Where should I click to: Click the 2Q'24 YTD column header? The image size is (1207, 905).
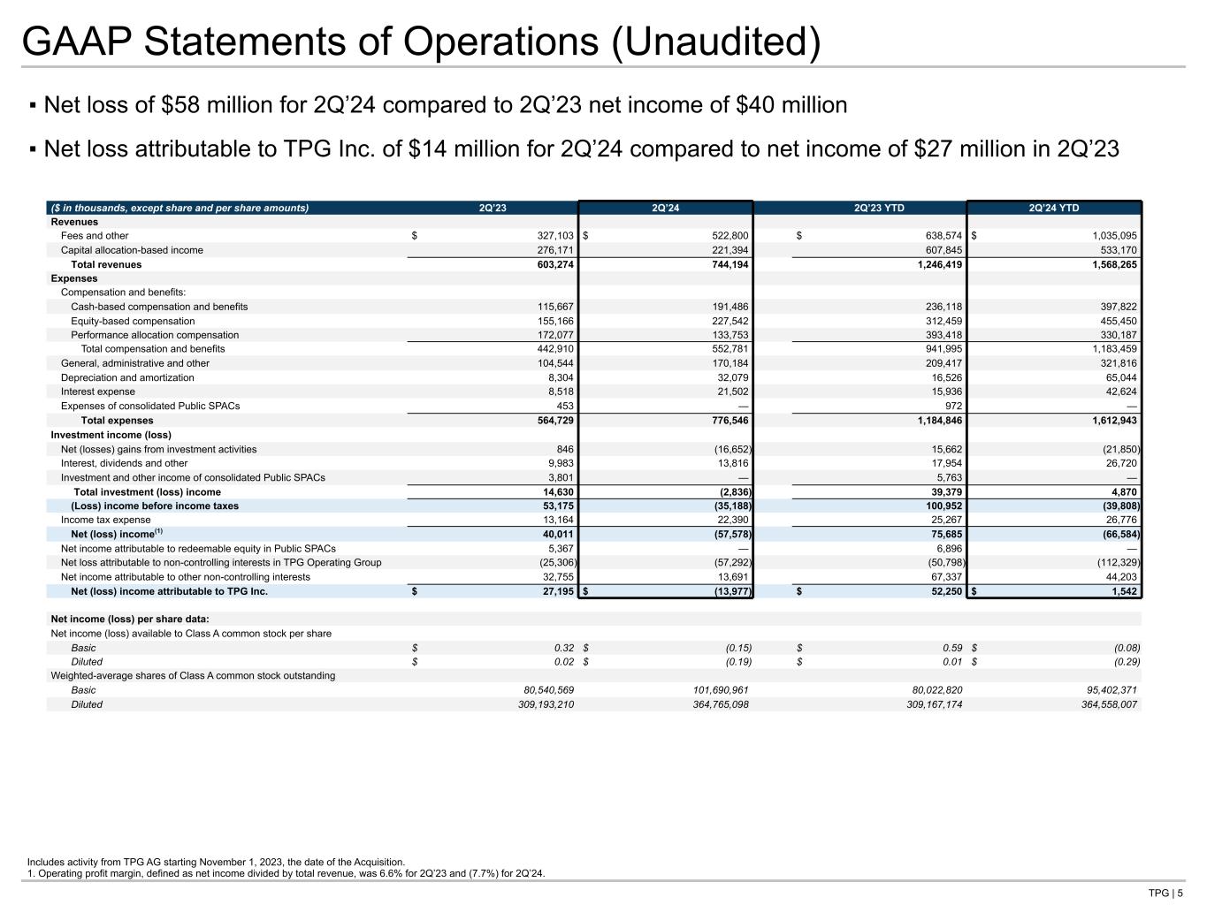coord(1053,209)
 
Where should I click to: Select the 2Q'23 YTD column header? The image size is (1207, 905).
coord(879,209)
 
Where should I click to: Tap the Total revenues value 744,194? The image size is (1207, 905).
coord(726,264)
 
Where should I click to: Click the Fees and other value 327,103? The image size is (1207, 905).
coord(550,236)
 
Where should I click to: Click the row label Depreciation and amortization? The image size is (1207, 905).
coord(127,377)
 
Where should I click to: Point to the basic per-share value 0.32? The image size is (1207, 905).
coord(564,648)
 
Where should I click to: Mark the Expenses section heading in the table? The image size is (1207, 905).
coord(74,278)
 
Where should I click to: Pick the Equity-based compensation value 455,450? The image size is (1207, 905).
coord(1114,321)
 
